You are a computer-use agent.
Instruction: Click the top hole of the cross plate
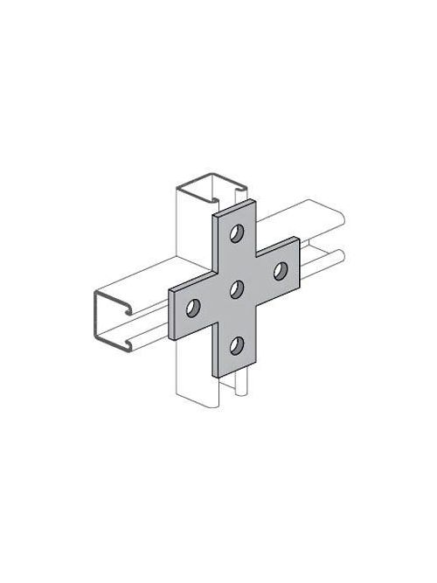[237, 233]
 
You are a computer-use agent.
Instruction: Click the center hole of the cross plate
[236, 289]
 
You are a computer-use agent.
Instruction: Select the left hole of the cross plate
[193, 307]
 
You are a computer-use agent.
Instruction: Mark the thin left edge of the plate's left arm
[172, 316]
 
